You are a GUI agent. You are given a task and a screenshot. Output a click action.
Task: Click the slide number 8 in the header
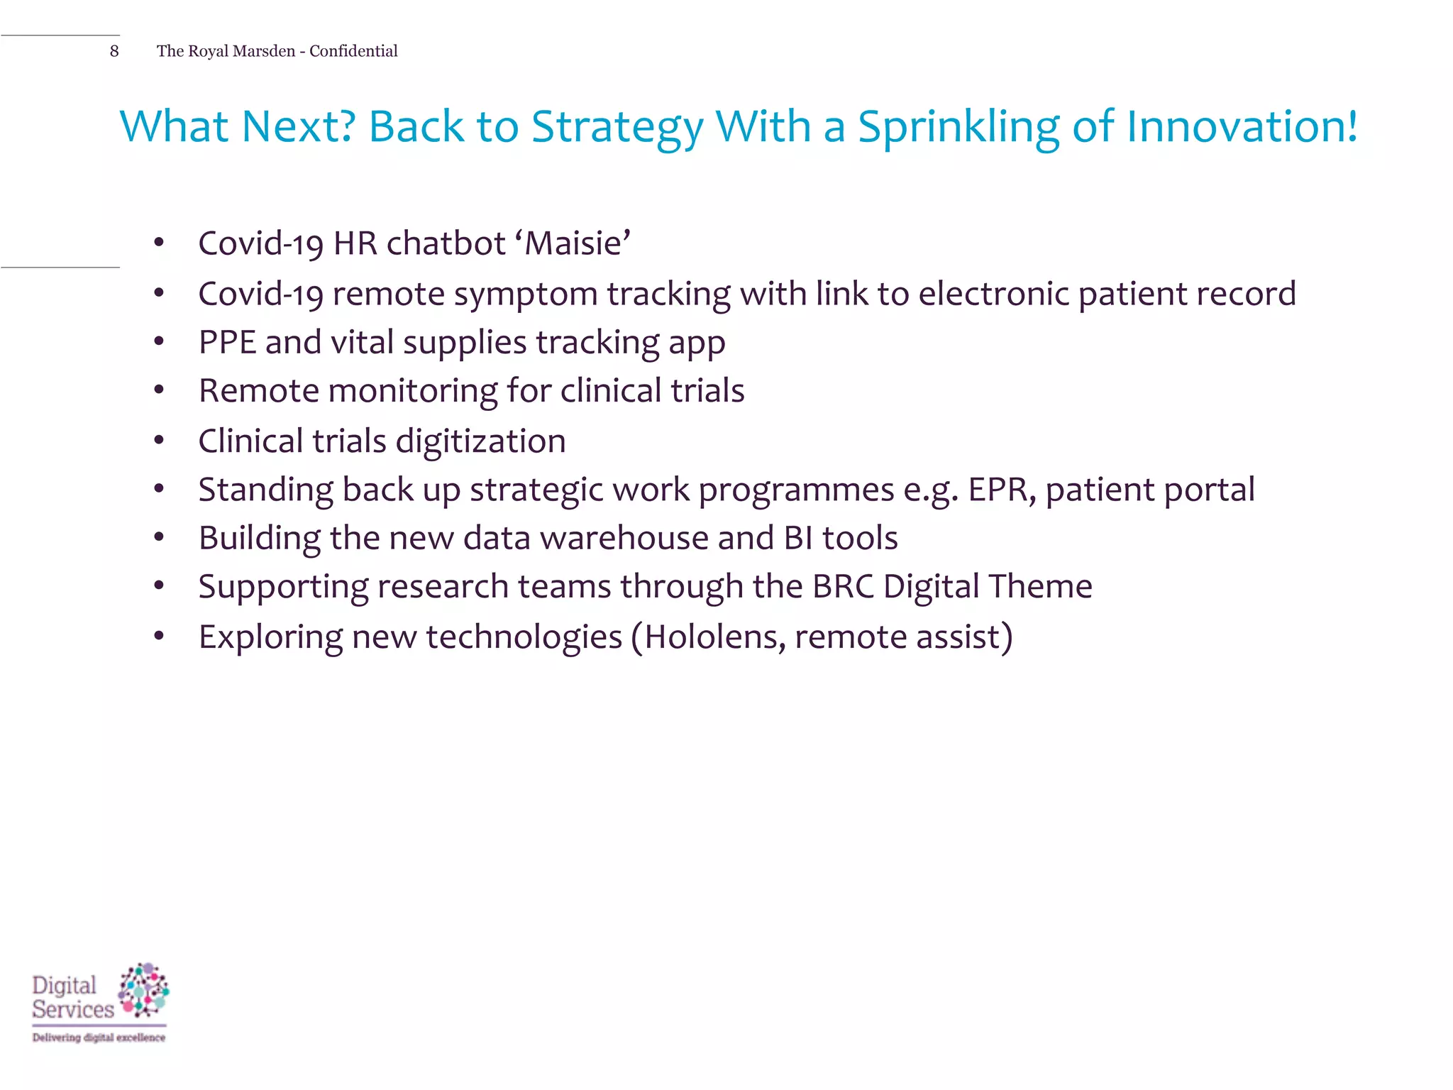pos(114,51)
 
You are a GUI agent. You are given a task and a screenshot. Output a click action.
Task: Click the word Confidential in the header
pos(353,51)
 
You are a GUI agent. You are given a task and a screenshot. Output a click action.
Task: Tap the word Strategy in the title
pos(617,128)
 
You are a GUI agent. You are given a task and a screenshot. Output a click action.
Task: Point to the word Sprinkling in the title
pos(958,128)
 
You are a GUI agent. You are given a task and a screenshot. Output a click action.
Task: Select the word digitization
pos(480,442)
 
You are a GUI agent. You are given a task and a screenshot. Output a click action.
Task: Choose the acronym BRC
pos(843,586)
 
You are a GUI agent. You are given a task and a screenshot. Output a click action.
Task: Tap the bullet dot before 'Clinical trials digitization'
pos(159,441)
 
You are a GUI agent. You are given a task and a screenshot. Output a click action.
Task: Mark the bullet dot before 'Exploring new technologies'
pos(159,636)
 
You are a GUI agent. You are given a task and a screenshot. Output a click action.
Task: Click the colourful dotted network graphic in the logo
pos(144,989)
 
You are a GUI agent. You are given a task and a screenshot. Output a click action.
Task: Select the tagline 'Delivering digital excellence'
pos(99,1037)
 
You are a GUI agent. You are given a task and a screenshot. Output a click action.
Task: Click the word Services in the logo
pos(72,1009)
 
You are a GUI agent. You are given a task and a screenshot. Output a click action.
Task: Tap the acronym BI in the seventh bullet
pos(798,538)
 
